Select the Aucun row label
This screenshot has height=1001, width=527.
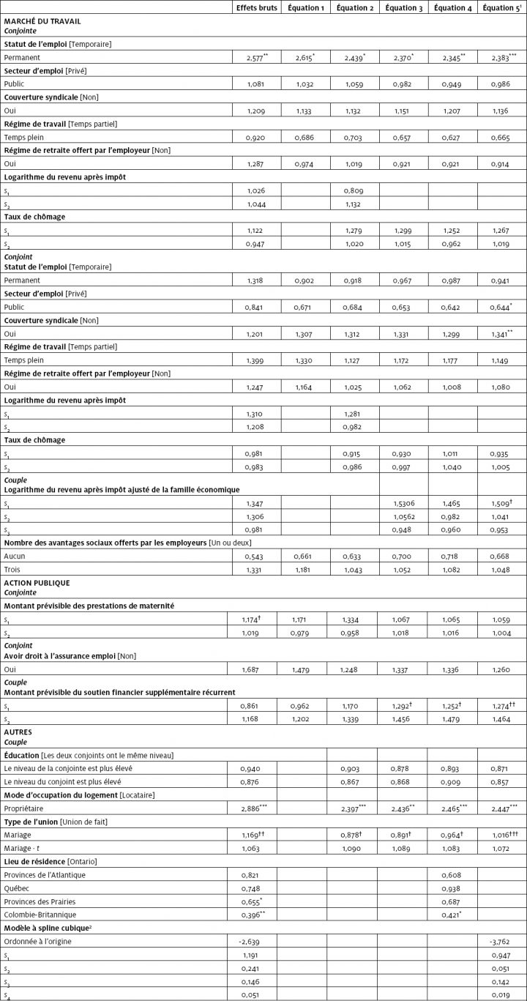[x=15, y=557]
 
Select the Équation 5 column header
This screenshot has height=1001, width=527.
[x=501, y=8]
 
